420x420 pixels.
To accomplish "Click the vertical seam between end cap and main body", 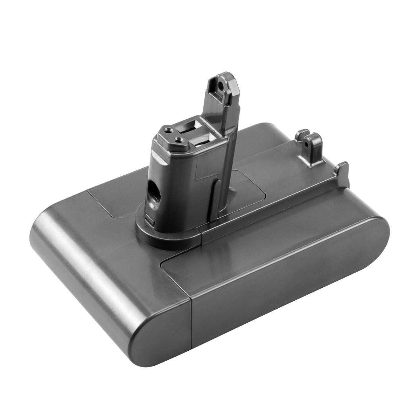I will [191, 329].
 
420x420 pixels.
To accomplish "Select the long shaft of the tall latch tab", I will [229, 147].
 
